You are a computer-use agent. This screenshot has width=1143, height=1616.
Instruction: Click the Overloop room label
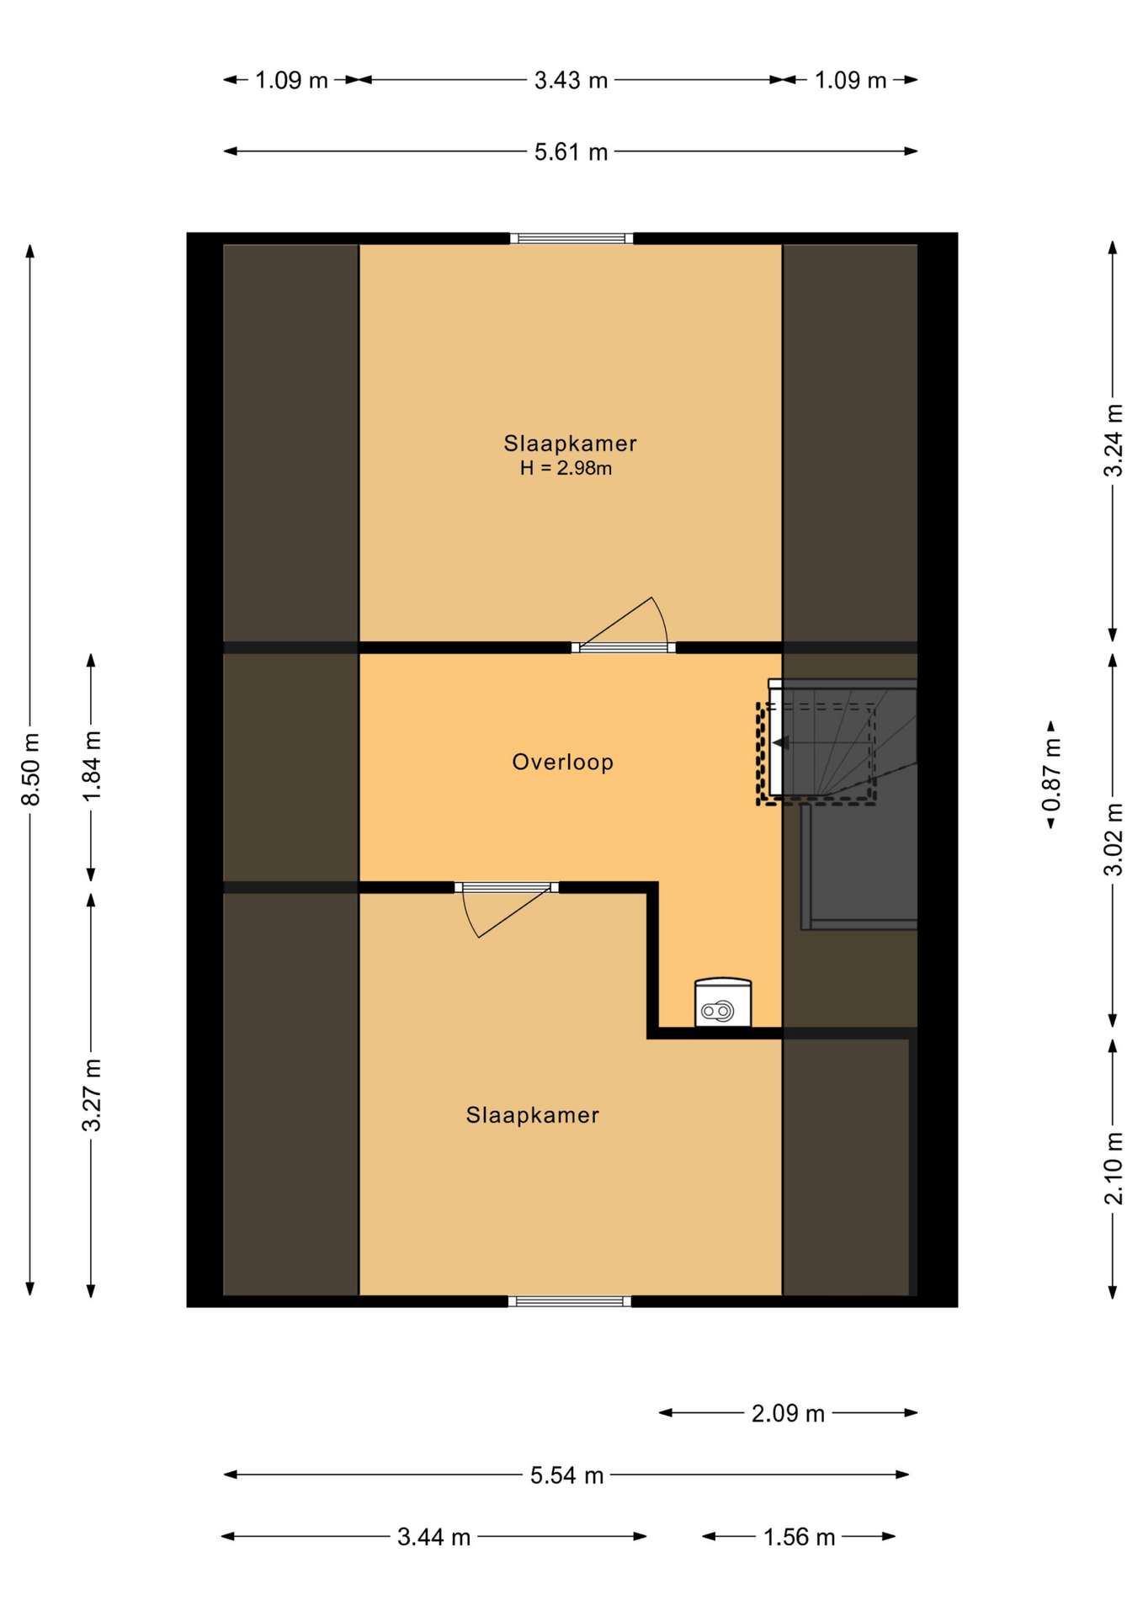pyautogui.click(x=562, y=762)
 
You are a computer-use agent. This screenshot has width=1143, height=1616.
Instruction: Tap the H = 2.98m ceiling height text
pyautogui.click(x=566, y=468)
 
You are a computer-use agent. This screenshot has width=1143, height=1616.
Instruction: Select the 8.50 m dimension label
pyautogui.click(x=30, y=769)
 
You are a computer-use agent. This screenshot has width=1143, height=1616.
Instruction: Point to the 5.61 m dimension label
pyautogui.click(x=571, y=152)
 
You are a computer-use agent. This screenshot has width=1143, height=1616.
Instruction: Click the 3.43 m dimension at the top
pyautogui.click(x=571, y=81)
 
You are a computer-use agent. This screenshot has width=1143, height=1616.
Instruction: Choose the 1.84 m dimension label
pyautogui.click(x=92, y=766)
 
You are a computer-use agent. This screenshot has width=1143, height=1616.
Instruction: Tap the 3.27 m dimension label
pyautogui.click(x=92, y=1095)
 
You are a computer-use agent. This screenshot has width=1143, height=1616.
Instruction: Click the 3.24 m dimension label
pyautogui.click(x=1114, y=441)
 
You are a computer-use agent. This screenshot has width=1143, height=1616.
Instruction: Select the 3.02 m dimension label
pyautogui.click(x=1114, y=839)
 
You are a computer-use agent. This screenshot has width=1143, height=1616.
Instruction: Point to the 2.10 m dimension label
pyautogui.click(x=1114, y=1168)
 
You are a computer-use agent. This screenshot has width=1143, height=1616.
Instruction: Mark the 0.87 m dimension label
pyautogui.click(x=1051, y=775)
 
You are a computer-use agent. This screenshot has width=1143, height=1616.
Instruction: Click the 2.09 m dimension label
pyautogui.click(x=788, y=1413)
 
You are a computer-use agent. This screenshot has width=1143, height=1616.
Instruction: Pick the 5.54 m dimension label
pyautogui.click(x=566, y=1475)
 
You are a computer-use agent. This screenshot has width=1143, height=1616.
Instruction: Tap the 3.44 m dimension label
pyautogui.click(x=433, y=1537)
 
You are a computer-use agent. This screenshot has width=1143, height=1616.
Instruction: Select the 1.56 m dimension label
pyautogui.click(x=799, y=1537)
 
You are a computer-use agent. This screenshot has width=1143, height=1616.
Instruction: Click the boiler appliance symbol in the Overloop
pyautogui.click(x=723, y=1002)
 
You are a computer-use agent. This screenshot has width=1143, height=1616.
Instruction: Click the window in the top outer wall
pyautogui.click(x=571, y=239)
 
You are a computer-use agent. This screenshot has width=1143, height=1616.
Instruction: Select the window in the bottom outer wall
pyautogui.click(x=570, y=1301)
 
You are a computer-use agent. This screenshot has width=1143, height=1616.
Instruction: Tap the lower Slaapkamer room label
pyautogui.click(x=532, y=1115)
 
